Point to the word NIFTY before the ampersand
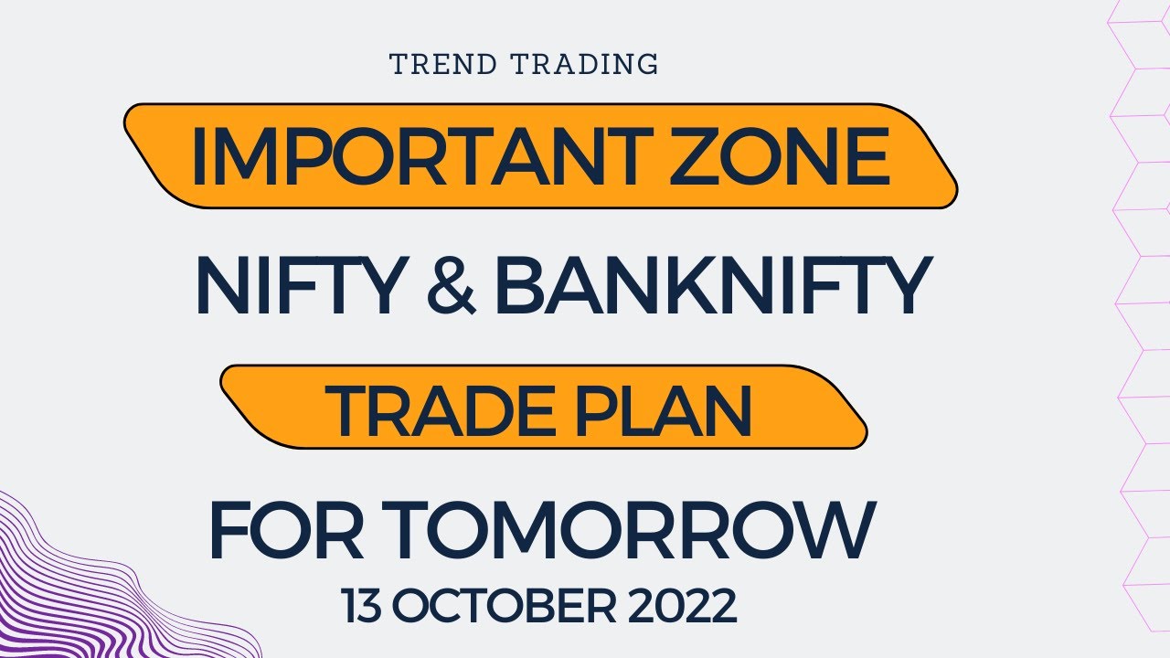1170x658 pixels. coord(298,286)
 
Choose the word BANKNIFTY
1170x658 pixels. coord(710,286)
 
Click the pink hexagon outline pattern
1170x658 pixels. coord(1138,274)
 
